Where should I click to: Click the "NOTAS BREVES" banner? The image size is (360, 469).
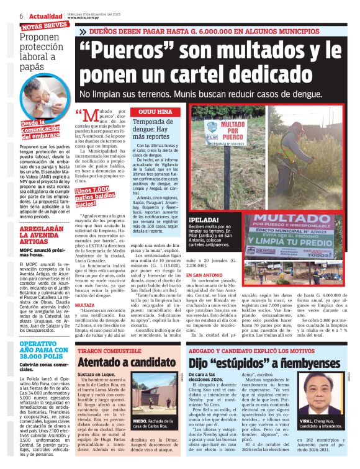point(45,27)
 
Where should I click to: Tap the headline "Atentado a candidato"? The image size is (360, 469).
point(118,361)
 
